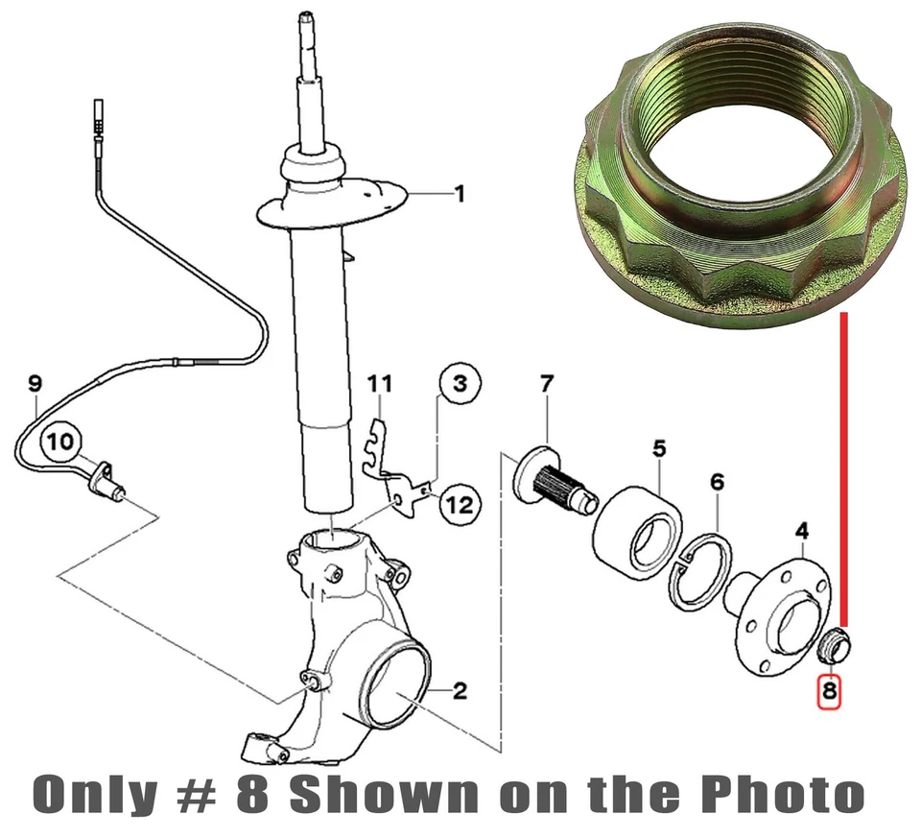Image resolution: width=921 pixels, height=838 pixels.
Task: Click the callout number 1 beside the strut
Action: point(459,194)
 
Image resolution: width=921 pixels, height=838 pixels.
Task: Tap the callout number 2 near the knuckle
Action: point(460,691)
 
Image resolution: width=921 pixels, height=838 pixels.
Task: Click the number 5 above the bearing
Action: point(659,447)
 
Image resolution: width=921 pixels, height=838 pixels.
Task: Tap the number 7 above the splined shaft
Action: point(546,385)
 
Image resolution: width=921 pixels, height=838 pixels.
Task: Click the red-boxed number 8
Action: point(829,690)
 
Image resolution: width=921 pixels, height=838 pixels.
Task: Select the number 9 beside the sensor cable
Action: point(35,385)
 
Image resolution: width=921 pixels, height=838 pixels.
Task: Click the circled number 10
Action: point(59,443)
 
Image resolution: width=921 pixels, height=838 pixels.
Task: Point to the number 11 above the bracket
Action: point(381,385)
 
